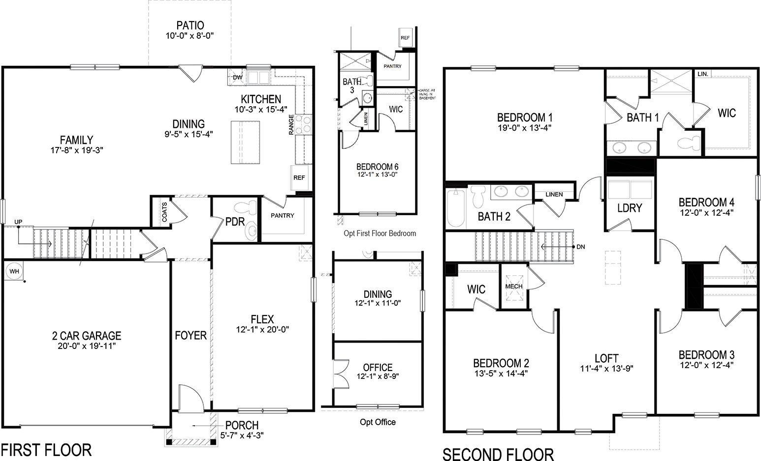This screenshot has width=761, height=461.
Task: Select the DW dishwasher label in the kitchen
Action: pos(237,77)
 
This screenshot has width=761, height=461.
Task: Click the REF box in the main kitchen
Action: pos(299,177)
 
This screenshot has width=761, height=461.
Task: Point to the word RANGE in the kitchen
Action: pos(291,124)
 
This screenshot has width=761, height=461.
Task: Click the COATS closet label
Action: pos(164,212)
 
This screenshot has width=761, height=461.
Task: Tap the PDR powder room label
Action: pos(235,222)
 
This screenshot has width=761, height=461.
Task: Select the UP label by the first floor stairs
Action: pos(18,222)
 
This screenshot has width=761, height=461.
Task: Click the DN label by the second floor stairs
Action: pos(580,247)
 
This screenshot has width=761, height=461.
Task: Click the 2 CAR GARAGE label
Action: pos(87,336)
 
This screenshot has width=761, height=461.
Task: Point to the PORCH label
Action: pos(242,425)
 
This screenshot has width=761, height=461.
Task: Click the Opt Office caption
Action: pos(378,422)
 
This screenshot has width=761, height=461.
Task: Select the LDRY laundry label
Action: pos(630,208)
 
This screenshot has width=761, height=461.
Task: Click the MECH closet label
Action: pos(513,286)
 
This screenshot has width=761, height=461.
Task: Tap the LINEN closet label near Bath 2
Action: pos(554,194)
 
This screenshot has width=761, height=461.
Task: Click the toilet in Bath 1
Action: pos(685,143)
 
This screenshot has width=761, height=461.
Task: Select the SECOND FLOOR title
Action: pos(498,454)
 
